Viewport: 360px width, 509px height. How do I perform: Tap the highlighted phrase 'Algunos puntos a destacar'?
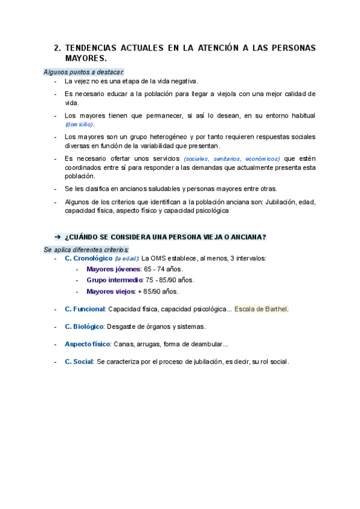coord(83,72)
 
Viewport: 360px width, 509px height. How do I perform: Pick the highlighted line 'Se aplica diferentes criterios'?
coord(86,249)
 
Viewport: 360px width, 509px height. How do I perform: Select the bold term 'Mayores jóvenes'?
coord(113,269)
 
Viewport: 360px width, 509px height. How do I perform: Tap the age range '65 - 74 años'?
coord(163,269)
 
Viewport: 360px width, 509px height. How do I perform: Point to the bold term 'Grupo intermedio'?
coord(115,280)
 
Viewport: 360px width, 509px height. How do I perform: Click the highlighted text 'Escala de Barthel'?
coord(261,309)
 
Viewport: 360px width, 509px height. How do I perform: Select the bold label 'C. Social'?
coord(79,362)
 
